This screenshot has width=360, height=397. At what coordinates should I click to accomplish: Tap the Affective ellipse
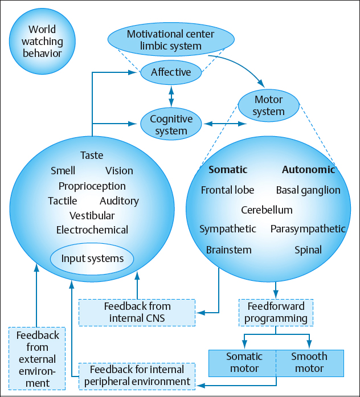click(x=171, y=72)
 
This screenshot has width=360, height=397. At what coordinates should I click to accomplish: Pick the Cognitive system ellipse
click(x=171, y=125)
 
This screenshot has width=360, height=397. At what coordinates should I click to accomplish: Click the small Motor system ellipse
click(x=268, y=105)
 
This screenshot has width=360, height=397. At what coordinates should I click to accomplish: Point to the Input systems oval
click(x=92, y=259)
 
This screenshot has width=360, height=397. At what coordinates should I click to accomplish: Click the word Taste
click(x=92, y=155)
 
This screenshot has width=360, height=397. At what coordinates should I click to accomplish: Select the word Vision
click(x=119, y=170)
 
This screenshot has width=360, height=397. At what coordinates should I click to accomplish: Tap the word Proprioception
click(x=92, y=186)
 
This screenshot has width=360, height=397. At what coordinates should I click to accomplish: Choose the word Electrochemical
click(x=92, y=230)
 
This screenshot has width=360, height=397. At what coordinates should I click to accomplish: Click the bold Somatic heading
click(x=228, y=170)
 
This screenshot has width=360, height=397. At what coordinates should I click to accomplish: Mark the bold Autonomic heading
click(x=308, y=170)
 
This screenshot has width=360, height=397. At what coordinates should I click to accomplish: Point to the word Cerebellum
click(x=267, y=210)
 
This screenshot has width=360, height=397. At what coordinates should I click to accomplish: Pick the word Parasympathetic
click(x=308, y=229)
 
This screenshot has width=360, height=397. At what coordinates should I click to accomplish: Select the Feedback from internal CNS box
click(x=137, y=312)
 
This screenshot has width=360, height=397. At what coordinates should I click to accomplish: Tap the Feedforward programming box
click(x=276, y=312)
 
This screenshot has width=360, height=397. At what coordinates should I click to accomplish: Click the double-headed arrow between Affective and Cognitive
click(x=171, y=96)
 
